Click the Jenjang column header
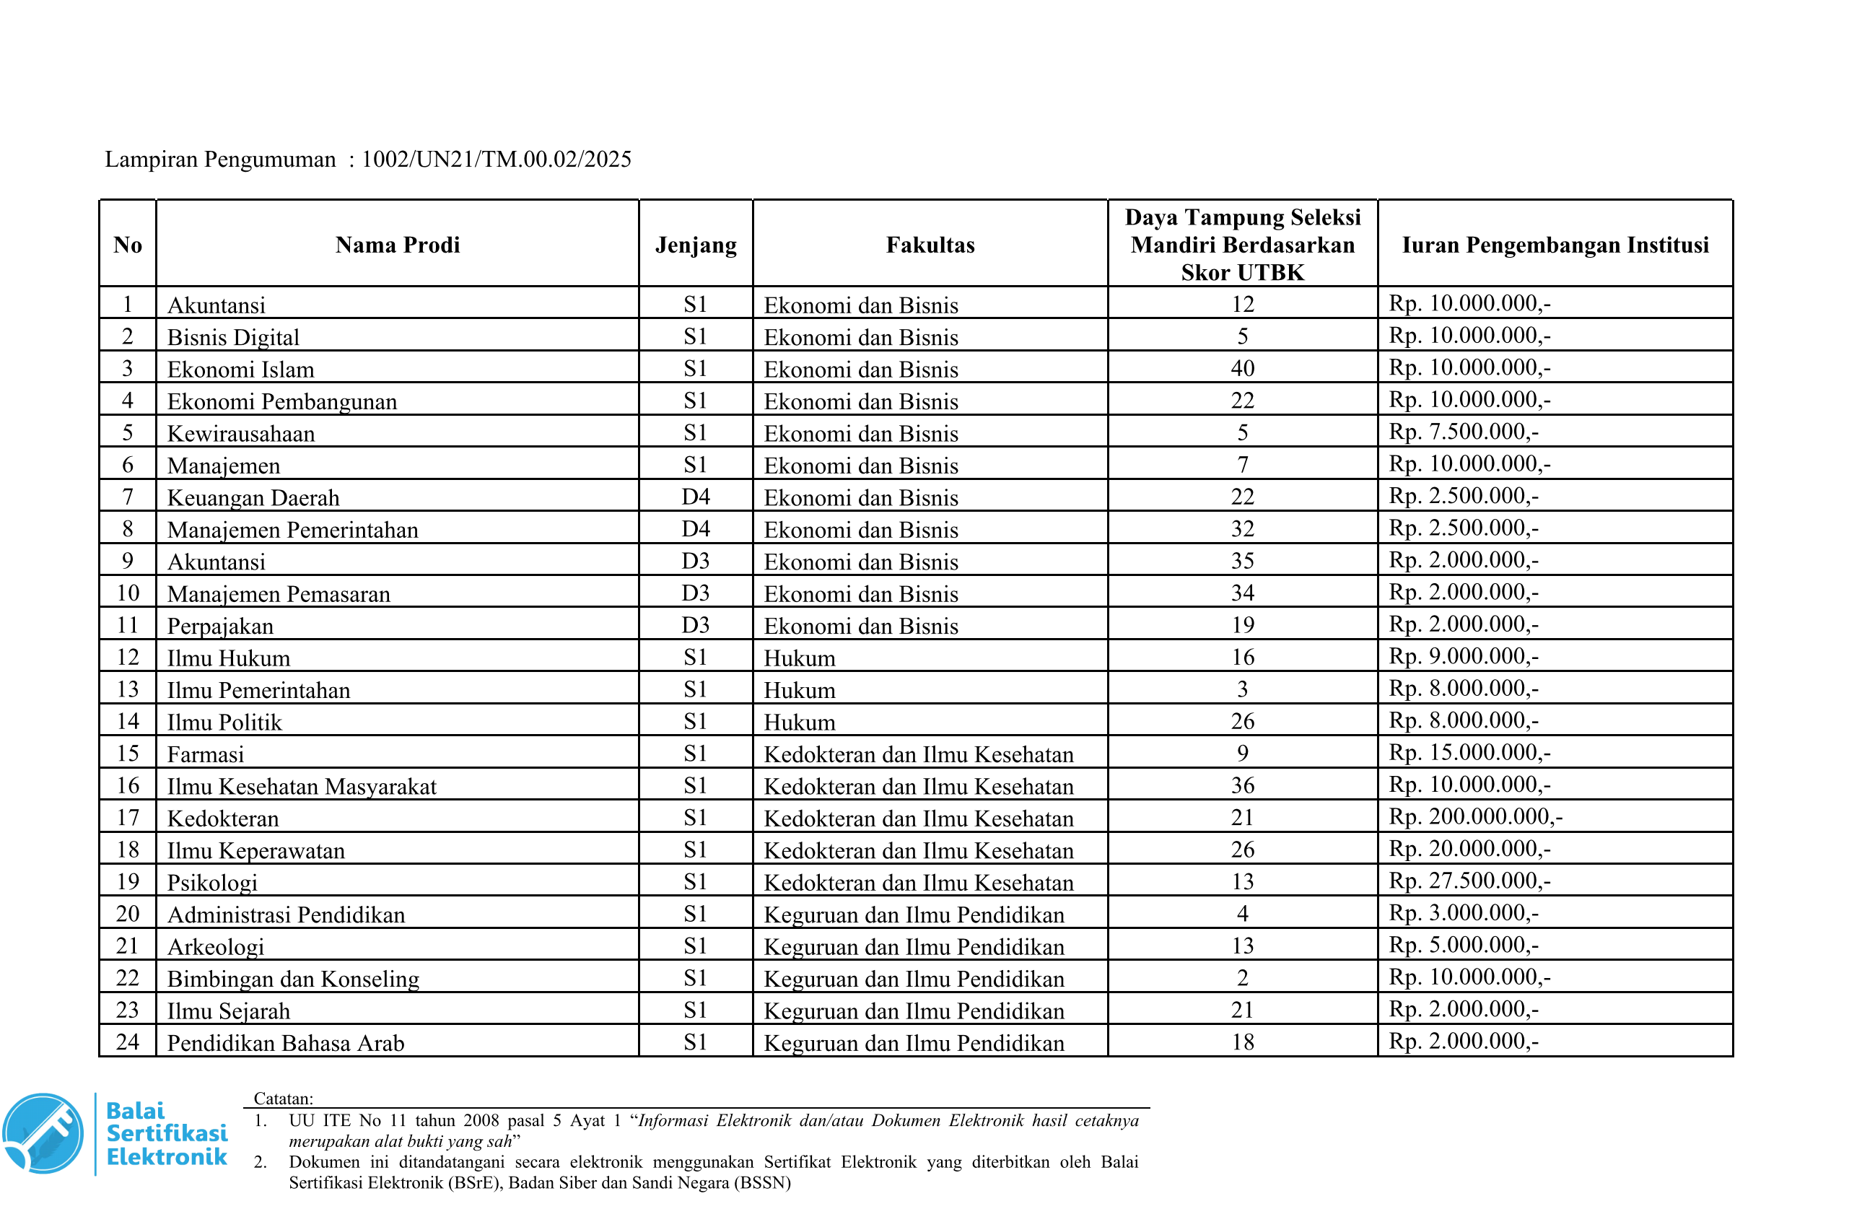tap(696, 245)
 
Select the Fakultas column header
tap(930, 245)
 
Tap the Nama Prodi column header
tap(397, 245)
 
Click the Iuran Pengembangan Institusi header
tap(1555, 245)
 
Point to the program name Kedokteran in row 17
tap(223, 819)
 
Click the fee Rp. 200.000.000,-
tap(1474, 816)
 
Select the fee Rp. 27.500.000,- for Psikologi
tap(1469, 881)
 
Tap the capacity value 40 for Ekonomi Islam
tap(1241, 369)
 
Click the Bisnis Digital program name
tap(233, 337)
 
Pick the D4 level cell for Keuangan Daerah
tap(696, 497)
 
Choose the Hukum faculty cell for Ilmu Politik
tap(799, 723)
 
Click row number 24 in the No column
tap(128, 1042)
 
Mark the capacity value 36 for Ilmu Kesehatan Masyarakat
tap(1241, 785)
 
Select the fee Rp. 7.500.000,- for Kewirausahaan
tap(1463, 432)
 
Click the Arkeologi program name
tap(215, 947)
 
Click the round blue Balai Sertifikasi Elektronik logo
tap(43, 1133)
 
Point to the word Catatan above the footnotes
tap(283, 1099)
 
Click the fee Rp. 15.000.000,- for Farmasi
tap(1469, 752)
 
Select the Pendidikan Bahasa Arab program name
tap(285, 1043)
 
